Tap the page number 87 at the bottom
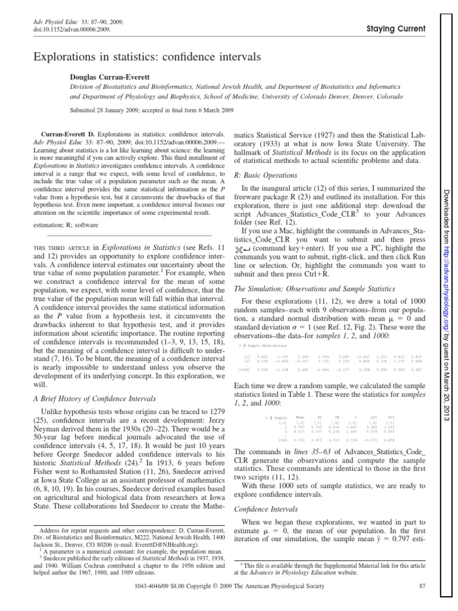[420, 603]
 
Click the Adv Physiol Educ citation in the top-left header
[48, 21]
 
